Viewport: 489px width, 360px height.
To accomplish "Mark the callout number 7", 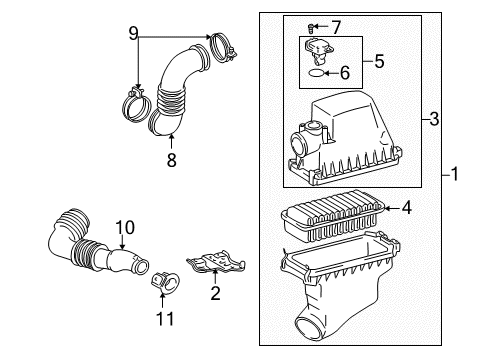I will coord(336,25).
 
